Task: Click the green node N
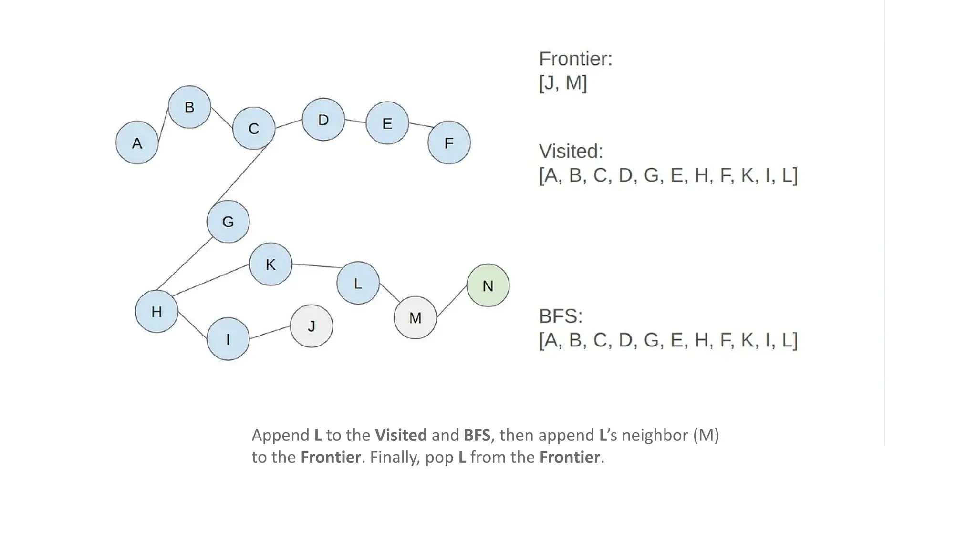488,285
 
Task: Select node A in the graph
137,142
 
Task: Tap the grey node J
312,326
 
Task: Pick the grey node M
415,317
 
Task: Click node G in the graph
228,222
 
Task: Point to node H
156,311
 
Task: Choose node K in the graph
270,264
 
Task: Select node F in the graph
449,142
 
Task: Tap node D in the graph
323,120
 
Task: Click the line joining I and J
270,333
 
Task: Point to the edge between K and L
315,266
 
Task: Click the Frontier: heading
575,59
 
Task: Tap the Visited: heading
571,152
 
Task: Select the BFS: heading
561,316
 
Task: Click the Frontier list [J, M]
563,82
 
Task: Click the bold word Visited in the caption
401,435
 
